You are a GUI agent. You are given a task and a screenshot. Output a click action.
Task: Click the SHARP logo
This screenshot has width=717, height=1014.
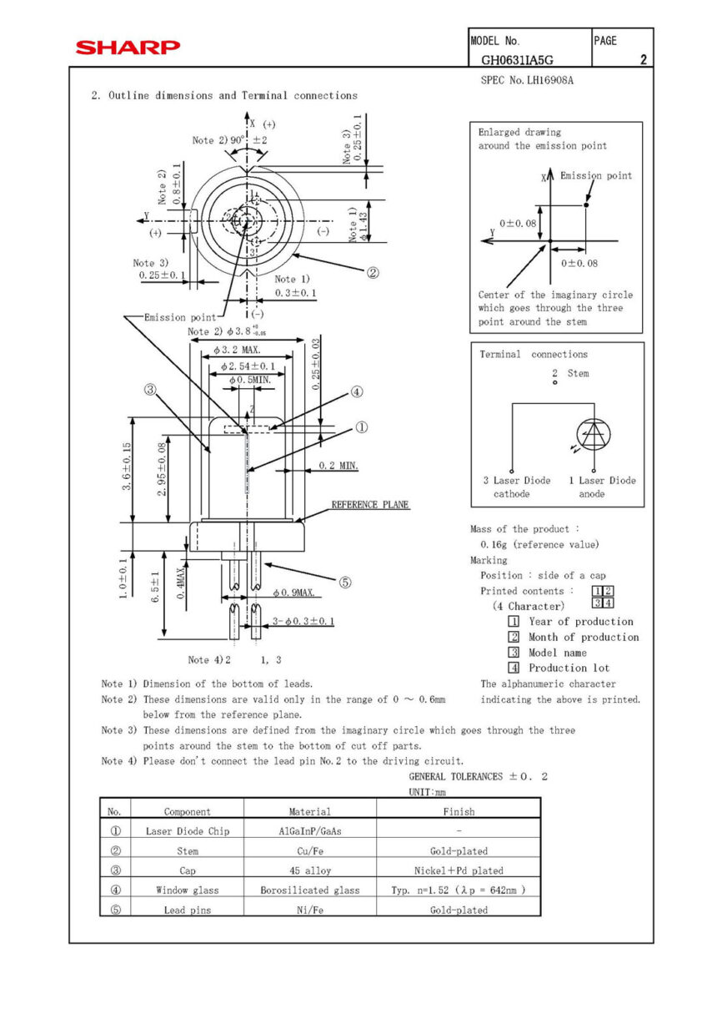(x=128, y=48)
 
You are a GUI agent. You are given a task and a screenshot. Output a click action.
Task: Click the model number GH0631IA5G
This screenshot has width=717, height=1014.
(x=517, y=60)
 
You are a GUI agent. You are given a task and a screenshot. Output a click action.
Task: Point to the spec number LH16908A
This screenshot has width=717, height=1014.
(x=527, y=81)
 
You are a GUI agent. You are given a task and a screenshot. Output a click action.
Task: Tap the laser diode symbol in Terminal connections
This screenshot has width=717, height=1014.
(x=593, y=433)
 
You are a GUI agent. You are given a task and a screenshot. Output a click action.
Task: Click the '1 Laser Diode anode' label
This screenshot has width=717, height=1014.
(x=602, y=487)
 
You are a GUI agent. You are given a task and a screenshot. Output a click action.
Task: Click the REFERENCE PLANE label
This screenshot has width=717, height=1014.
(x=370, y=505)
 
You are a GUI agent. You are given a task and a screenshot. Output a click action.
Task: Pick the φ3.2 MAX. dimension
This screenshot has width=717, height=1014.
(x=237, y=351)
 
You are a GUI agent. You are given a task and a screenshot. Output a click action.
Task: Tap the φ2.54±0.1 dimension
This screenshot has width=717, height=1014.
(x=248, y=366)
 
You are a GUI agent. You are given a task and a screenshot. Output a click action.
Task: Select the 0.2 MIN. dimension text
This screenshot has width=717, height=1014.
(x=338, y=466)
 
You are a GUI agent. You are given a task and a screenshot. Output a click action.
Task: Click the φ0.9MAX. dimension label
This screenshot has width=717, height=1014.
(x=293, y=593)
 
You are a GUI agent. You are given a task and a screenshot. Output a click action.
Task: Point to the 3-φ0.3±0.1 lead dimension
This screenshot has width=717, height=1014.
(x=303, y=621)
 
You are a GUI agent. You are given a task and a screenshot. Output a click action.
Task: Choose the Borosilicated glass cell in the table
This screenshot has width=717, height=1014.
(x=309, y=890)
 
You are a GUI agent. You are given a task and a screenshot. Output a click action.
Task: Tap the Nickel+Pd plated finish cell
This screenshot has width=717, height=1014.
(x=459, y=870)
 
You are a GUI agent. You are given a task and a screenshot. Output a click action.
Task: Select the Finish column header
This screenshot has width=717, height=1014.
(x=459, y=811)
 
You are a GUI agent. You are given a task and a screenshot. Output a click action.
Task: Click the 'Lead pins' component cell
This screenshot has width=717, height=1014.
(x=187, y=911)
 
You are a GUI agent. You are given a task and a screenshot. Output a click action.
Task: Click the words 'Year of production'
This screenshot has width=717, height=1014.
(x=580, y=622)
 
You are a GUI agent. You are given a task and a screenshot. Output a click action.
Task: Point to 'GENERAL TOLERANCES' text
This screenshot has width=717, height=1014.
(x=455, y=777)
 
